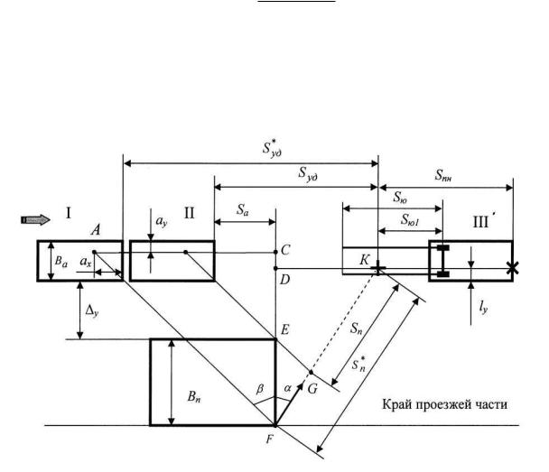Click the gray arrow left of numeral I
pos(35,217)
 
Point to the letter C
pos(286,250)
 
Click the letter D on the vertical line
pos(285,280)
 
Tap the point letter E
pos(286,329)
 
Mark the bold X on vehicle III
pos(512,268)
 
